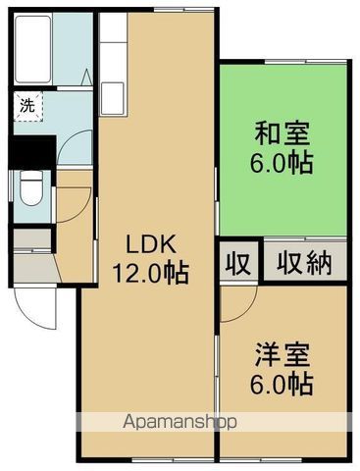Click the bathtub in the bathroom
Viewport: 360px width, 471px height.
coord(33,49)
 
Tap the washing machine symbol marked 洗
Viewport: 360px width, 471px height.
coord(28,106)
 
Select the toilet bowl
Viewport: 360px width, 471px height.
coord(31,188)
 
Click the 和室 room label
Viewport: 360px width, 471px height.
coord(282,133)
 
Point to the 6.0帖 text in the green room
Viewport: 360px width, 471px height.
coord(282,162)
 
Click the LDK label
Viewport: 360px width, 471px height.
coord(151,244)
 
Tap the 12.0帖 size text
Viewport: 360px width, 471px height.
coord(151,272)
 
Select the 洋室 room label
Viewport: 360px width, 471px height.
coord(282,354)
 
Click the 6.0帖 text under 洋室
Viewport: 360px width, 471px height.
coord(282,384)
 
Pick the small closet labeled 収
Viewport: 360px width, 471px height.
coord(238,263)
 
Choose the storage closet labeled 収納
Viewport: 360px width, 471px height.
coord(305,263)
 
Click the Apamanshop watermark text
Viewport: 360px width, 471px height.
coord(180,422)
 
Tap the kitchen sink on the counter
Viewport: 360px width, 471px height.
coord(113,98)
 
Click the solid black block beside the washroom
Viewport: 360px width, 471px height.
coord(32,152)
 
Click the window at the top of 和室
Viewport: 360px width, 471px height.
coord(305,61)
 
